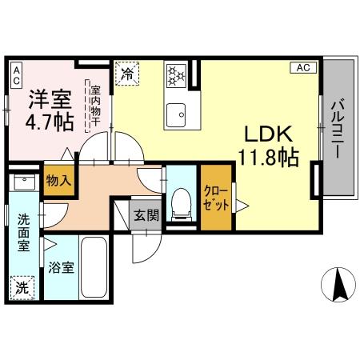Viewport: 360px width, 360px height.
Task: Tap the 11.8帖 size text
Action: point(267,158)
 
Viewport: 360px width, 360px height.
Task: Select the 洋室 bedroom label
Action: point(50,99)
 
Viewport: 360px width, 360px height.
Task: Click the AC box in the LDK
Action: point(303,68)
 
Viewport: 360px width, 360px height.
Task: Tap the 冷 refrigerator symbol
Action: point(127,74)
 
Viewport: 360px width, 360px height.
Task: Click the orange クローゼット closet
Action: point(215,197)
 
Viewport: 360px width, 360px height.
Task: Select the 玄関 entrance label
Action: point(146,215)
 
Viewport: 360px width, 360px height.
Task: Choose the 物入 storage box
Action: point(58,181)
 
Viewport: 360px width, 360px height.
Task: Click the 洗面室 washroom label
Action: point(24,231)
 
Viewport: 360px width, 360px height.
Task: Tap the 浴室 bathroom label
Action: point(63,268)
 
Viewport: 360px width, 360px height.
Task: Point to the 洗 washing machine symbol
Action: point(22,283)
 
